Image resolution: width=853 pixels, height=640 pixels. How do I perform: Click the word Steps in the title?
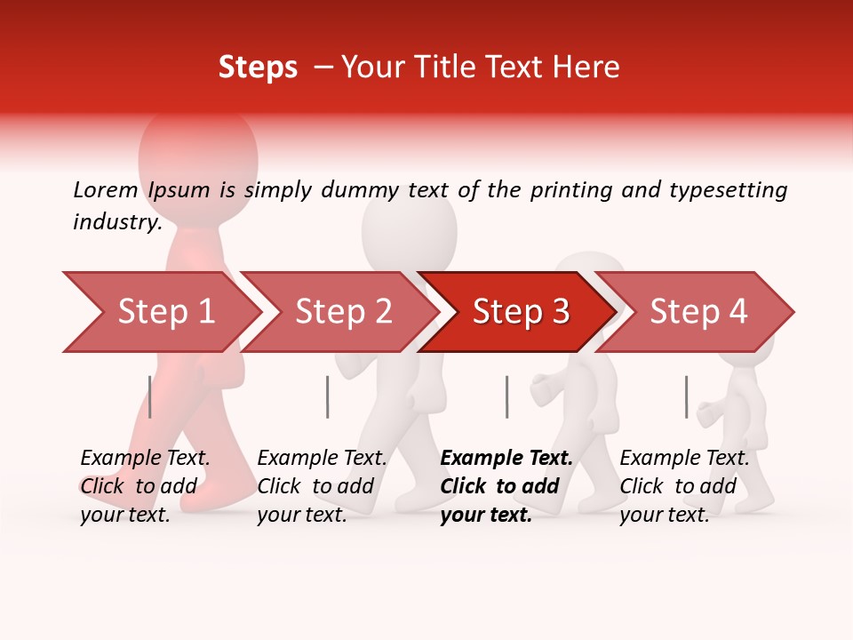click(x=258, y=68)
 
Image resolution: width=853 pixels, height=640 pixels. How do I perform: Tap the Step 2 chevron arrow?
click(x=342, y=312)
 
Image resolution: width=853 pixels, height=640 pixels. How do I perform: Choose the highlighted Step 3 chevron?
click(x=520, y=312)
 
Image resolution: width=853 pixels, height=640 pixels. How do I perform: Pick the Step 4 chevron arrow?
click(x=698, y=312)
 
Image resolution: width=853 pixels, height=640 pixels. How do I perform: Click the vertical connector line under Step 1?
click(x=150, y=396)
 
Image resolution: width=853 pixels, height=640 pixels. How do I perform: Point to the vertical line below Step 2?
click(x=328, y=396)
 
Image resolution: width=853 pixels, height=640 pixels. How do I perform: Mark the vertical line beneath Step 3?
click(x=506, y=396)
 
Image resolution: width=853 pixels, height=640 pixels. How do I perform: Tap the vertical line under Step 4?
click(x=686, y=396)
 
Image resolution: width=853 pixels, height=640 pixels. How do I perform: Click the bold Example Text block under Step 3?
click(x=506, y=486)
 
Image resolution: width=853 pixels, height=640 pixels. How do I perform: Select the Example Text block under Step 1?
click(x=145, y=486)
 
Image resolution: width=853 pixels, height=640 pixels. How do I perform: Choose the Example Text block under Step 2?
click(x=322, y=486)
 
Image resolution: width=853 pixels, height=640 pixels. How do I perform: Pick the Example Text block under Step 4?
click(x=684, y=486)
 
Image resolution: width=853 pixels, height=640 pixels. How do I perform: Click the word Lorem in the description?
click(x=106, y=189)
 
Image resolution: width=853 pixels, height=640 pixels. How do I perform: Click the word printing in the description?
click(x=571, y=190)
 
